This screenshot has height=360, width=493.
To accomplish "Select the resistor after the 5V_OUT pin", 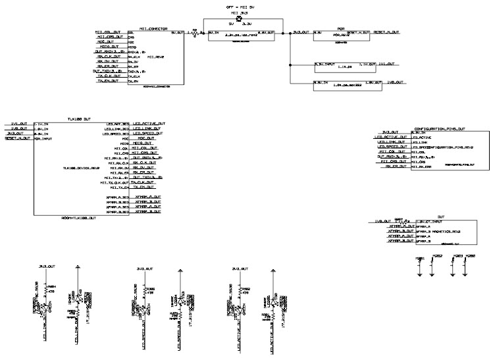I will point(193,32).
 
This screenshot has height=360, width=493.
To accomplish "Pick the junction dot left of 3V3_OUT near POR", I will point(282,32).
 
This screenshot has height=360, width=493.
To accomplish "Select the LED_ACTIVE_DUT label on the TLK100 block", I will point(149,123).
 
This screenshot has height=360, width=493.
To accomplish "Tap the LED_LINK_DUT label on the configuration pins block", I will point(389,141).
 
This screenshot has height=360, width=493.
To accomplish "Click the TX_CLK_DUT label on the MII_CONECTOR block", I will point(107,76).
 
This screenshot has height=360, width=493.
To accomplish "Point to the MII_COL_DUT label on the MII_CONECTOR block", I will point(107,32).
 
